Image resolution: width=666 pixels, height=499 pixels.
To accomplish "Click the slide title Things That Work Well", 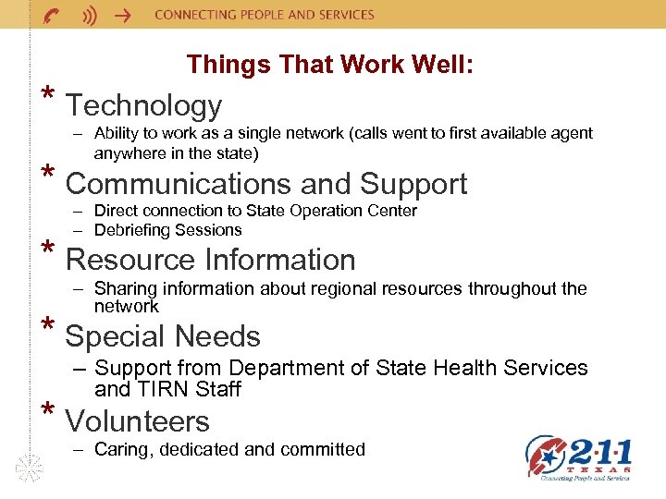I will [x=330, y=65].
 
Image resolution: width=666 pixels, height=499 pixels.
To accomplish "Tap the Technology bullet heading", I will [x=143, y=106].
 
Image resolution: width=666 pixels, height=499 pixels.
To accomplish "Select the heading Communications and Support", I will [x=266, y=184].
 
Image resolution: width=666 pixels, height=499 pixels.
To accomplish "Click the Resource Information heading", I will [x=210, y=260].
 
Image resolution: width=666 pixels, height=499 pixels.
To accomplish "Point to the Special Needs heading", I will [x=163, y=336].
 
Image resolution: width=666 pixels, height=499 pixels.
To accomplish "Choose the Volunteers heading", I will [x=137, y=421].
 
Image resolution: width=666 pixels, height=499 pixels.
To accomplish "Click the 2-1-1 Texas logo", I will [x=579, y=458].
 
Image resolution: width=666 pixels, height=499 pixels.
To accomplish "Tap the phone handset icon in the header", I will [x=52, y=16].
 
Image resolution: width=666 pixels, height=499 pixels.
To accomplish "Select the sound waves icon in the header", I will [x=90, y=16].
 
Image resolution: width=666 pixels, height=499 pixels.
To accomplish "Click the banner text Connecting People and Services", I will [x=264, y=15].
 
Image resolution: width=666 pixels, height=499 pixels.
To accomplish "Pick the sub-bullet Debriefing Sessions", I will [x=167, y=230].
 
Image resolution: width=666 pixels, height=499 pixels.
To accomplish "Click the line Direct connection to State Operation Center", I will [x=255, y=211].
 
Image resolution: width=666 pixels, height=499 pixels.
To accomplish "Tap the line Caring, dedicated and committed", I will [x=229, y=450].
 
